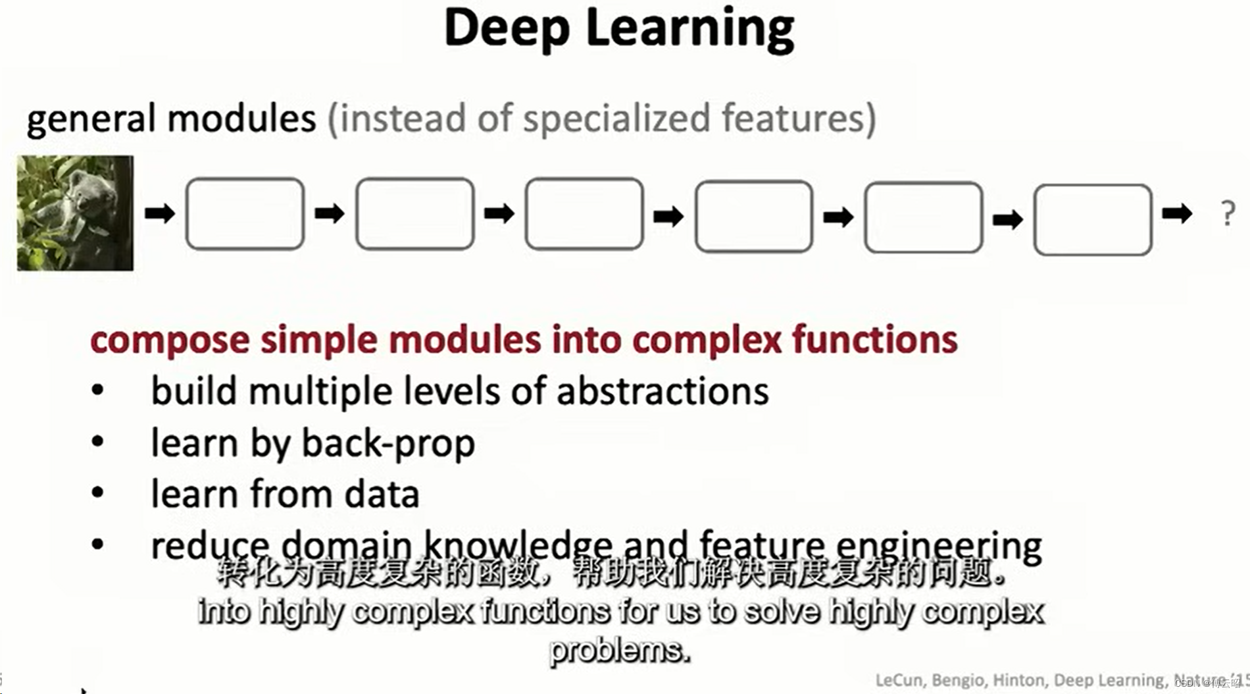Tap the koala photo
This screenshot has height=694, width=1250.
75,213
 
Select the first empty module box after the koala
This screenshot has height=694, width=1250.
245,213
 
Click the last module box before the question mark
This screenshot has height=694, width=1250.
1092,219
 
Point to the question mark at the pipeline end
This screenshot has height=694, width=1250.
1228,214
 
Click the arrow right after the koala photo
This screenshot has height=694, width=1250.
160,213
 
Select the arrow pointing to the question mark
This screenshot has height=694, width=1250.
1177,213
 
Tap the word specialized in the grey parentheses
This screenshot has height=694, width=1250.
616,119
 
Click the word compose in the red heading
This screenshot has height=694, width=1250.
170,340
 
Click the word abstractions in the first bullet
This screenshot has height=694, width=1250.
662,391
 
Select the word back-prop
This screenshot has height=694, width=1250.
388,443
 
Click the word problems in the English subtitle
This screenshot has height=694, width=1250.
620,651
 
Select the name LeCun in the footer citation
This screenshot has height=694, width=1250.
900,680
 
